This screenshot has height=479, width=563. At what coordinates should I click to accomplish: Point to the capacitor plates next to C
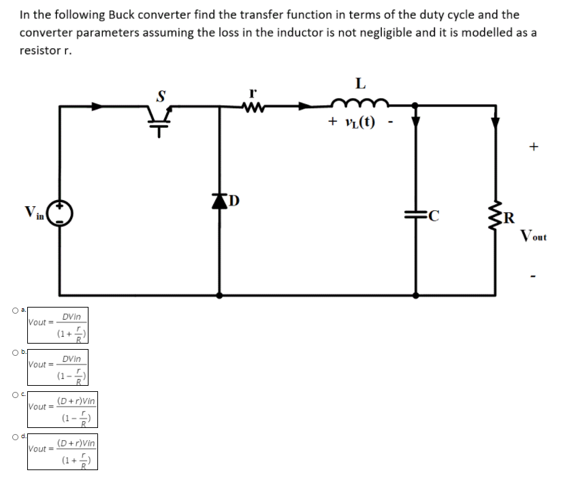415,217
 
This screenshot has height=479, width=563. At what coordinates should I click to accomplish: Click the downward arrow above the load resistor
496,120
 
